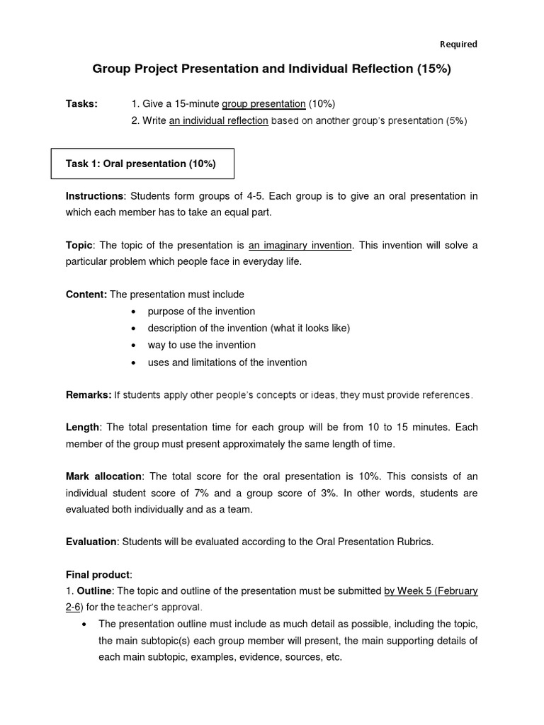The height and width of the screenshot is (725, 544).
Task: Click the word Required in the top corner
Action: point(458,44)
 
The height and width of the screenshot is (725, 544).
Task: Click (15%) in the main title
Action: point(430,69)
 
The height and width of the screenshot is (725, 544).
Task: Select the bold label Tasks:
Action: point(81,103)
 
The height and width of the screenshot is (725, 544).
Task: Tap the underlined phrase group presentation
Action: point(263,103)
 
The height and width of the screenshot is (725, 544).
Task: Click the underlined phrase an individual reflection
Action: point(218,120)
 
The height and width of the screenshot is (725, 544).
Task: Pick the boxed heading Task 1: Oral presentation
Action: point(141,164)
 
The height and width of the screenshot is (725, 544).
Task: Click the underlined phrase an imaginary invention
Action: point(300,246)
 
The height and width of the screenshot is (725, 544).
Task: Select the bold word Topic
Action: point(79,246)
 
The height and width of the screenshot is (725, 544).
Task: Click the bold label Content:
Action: point(86,295)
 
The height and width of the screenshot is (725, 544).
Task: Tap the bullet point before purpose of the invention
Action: point(134,312)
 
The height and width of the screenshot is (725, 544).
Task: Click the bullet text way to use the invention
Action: point(201,345)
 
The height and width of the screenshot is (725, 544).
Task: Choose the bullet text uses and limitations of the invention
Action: point(227,362)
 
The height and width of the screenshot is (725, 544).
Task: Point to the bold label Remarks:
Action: point(88,395)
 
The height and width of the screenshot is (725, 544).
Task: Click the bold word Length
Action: point(83,428)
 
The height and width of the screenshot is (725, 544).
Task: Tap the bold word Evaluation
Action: point(91,542)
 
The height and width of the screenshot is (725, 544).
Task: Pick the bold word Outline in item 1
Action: point(93,591)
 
